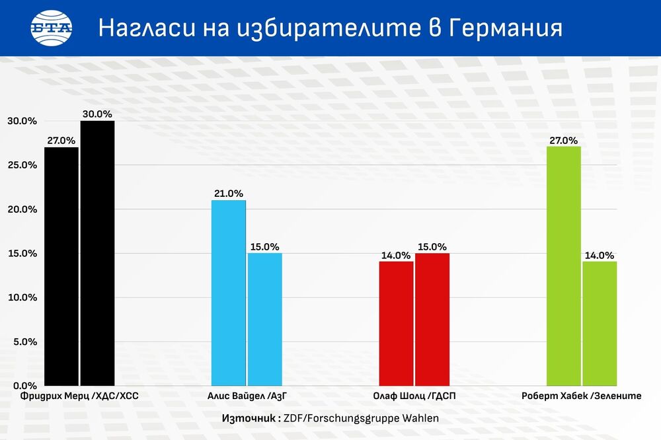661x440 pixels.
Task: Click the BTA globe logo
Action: point(52,28)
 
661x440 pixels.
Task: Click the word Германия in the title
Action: point(505,28)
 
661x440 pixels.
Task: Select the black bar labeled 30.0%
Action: point(97,253)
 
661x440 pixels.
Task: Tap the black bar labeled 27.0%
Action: point(61,266)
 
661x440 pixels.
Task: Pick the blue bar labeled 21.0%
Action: point(229,293)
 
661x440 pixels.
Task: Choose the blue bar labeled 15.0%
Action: point(265,320)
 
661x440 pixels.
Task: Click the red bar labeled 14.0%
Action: point(396,324)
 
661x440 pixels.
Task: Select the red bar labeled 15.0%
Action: point(432,320)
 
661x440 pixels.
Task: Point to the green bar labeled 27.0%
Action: point(564,266)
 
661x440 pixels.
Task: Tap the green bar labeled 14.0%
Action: point(600,324)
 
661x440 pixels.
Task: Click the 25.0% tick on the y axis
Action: point(22,165)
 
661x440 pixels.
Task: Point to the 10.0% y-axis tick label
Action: point(22,297)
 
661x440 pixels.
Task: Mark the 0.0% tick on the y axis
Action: point(25,386)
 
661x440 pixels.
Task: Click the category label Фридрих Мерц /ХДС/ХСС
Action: point(79,396)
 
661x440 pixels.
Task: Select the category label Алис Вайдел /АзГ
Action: point(247,396)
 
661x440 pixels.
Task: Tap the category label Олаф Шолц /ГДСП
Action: point(414,396)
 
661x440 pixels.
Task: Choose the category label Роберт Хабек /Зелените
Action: point(582,396)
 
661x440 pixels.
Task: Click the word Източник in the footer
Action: point(249,418)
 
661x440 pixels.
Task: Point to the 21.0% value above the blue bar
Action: point(229,194)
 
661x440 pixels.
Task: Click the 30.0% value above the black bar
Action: point(97,114)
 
